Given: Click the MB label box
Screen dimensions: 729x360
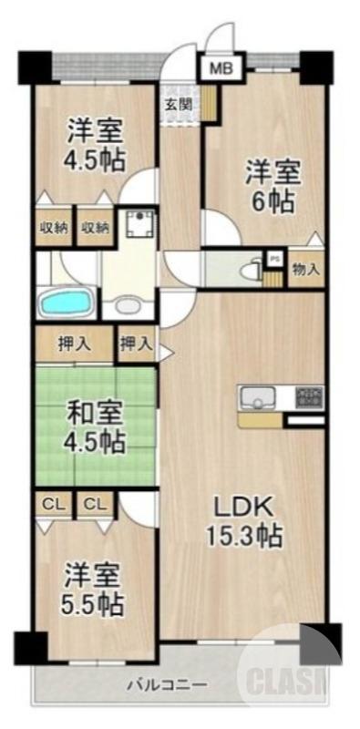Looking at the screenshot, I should (x=221, y=67).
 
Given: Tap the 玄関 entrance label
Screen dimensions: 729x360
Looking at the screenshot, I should (x=178, y=103).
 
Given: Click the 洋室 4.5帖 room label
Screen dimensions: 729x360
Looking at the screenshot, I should (x=94, y=143).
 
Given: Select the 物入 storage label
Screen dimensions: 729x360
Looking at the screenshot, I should (x=305, y=269).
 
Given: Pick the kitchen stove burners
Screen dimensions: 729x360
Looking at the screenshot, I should (x=310, y=397).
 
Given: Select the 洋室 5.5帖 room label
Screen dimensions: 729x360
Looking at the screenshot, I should (x=94, y=590).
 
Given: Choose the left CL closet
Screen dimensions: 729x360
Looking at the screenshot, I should (x=54, y=503).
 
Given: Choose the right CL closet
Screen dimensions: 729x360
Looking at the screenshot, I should (x=95, y=503).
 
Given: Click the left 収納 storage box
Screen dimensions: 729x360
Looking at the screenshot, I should (x=54, y=228).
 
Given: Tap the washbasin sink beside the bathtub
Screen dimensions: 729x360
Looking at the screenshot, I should (x=128, y=305).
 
